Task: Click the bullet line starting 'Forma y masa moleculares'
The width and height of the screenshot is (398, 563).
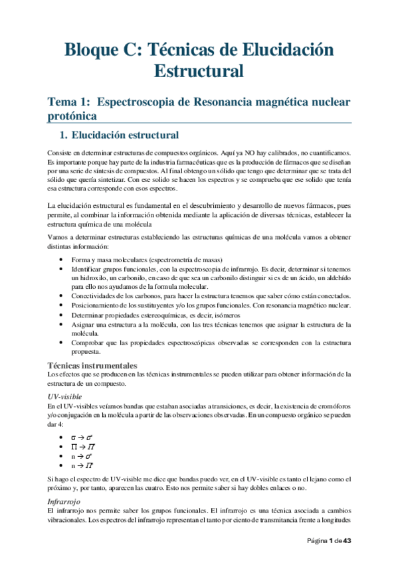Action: (x=147, y=259)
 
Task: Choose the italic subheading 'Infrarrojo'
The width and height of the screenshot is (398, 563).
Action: (x=62, y=501)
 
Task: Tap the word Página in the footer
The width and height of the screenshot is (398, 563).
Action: (x=318, y=541)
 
